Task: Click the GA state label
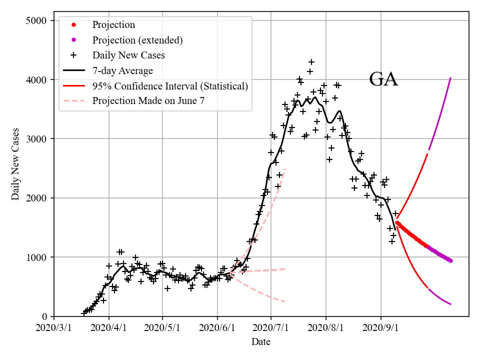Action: pyautogui.click(x=383, y=79)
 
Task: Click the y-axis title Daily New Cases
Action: pyautogui.click(x=15, y=164)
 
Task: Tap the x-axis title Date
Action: pyautogui.click(x=261, y=342)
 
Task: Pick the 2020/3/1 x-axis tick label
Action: pyautogui.click(x=54, y=329)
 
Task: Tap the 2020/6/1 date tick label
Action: pyautogui.click(x=217, y=329)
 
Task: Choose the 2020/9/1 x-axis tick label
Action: pyautogui.click(x=380, y=329)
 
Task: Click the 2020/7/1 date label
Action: pyautogui.click(x=270, y=329)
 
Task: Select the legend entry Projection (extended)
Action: pyautogui.click(x=137, y=40)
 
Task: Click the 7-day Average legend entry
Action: pyautogui.click(x=122, y=70)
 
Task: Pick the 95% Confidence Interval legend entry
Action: pyautogui.click(x=170, y=86)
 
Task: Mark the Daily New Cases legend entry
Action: pyautogui.click(x=128, y=55)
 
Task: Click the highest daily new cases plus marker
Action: pyautogui.click(x=311, y=62)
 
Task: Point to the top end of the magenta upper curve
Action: pyautogui.click(x=451, y=77)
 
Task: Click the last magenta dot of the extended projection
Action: pyautogui.click(x=450, y=260)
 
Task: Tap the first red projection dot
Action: pyautogui.click(x=397, y=223)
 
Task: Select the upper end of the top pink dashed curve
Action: pyautogui.click(x=284, y=169)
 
